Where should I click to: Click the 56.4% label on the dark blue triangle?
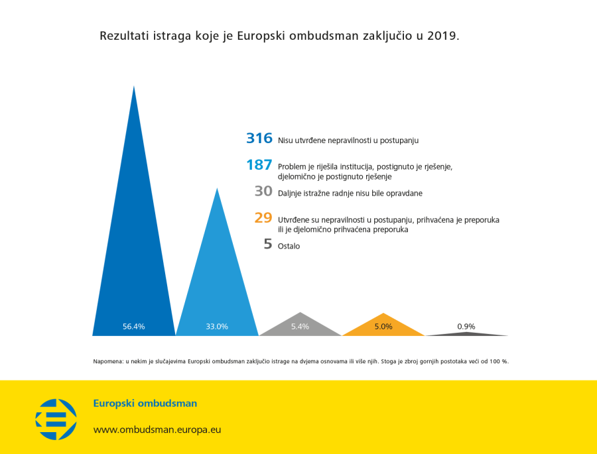point(133,326)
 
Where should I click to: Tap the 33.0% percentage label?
point(217,326)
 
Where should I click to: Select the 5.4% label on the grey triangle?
point(300,326)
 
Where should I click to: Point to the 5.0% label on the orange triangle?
point(383,326)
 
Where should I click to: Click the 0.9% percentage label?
point(466,326)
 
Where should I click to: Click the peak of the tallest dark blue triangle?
point(134,87)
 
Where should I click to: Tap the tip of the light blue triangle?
point(217,190)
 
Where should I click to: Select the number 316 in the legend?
point(259,139)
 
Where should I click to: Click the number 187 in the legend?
point(259,166)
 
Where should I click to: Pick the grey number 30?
point(263,192)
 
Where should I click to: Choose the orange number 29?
point(263,217)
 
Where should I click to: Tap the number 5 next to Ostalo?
point(268,244)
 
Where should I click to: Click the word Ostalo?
point(289,246)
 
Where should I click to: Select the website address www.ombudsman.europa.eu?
point(157,429)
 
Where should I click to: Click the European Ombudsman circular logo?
point(56,419)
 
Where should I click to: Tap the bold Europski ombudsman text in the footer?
point(145,403)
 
